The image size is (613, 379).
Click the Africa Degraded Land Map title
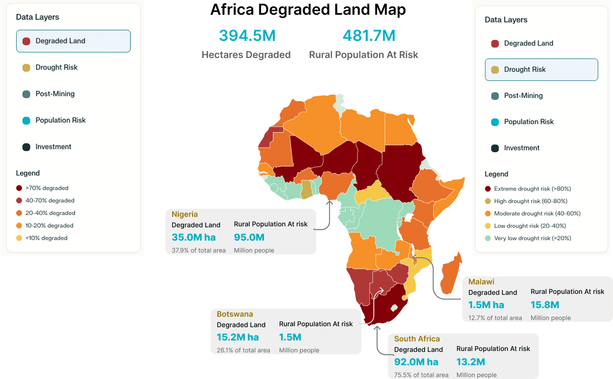308,10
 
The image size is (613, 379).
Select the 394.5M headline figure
247,36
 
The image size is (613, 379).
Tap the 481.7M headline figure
369,36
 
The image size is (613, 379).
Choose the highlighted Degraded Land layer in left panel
73,41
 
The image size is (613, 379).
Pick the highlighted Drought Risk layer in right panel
541,69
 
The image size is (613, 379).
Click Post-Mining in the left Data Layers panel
55,94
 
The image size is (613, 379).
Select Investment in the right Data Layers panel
522,148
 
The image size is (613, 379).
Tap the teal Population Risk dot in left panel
27,120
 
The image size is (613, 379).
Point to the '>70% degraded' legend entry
47,188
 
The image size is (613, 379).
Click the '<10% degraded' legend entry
46,238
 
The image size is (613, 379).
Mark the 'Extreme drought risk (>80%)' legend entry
532,189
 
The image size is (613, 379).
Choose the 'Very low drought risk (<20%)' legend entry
532,238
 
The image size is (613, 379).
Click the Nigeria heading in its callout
185,214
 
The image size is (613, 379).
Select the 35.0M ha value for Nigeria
194,237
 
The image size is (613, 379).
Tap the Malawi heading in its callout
481,282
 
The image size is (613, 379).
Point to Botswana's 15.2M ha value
237,337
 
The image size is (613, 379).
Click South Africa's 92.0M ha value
416,362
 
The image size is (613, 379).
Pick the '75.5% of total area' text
421,375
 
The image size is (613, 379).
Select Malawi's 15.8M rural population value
545,305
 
